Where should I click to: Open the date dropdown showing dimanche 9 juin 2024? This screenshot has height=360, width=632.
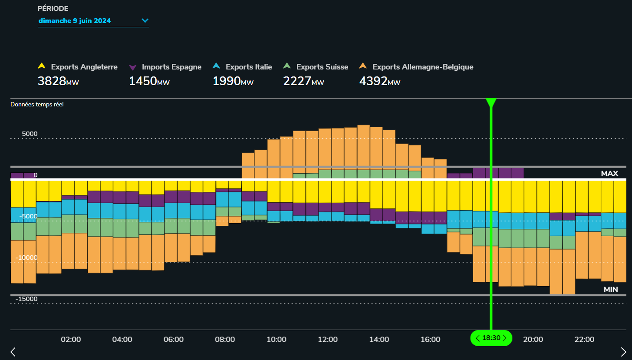point(93,20)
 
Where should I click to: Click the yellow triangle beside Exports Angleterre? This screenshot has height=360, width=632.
point(42,66)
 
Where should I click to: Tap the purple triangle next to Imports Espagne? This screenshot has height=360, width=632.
point(133,67)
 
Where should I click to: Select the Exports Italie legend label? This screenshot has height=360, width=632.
point(249,67)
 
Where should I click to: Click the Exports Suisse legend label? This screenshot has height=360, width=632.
point(322,67)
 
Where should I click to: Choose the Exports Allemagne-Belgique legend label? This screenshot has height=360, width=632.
point(423,67)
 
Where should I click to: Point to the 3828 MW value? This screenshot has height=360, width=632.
point(58,81)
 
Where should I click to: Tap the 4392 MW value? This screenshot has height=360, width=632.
point(379,81)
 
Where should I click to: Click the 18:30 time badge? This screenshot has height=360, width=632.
point(491,338)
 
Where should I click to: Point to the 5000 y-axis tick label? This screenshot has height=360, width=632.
point(30,134)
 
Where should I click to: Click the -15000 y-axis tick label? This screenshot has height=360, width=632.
point(26,299)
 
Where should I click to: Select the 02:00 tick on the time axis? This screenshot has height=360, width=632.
point(71,340)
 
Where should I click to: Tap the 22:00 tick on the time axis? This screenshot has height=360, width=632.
point(584,340)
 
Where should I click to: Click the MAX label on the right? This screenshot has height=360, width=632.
point(609,173)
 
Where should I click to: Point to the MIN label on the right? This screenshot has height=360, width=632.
point(610,289)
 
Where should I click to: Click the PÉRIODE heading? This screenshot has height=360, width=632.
point(53,9)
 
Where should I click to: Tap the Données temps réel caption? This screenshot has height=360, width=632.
point(37,104)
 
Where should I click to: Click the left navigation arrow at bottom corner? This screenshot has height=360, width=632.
point(13,351)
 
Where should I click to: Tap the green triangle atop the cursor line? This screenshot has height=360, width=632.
point(491,103)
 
